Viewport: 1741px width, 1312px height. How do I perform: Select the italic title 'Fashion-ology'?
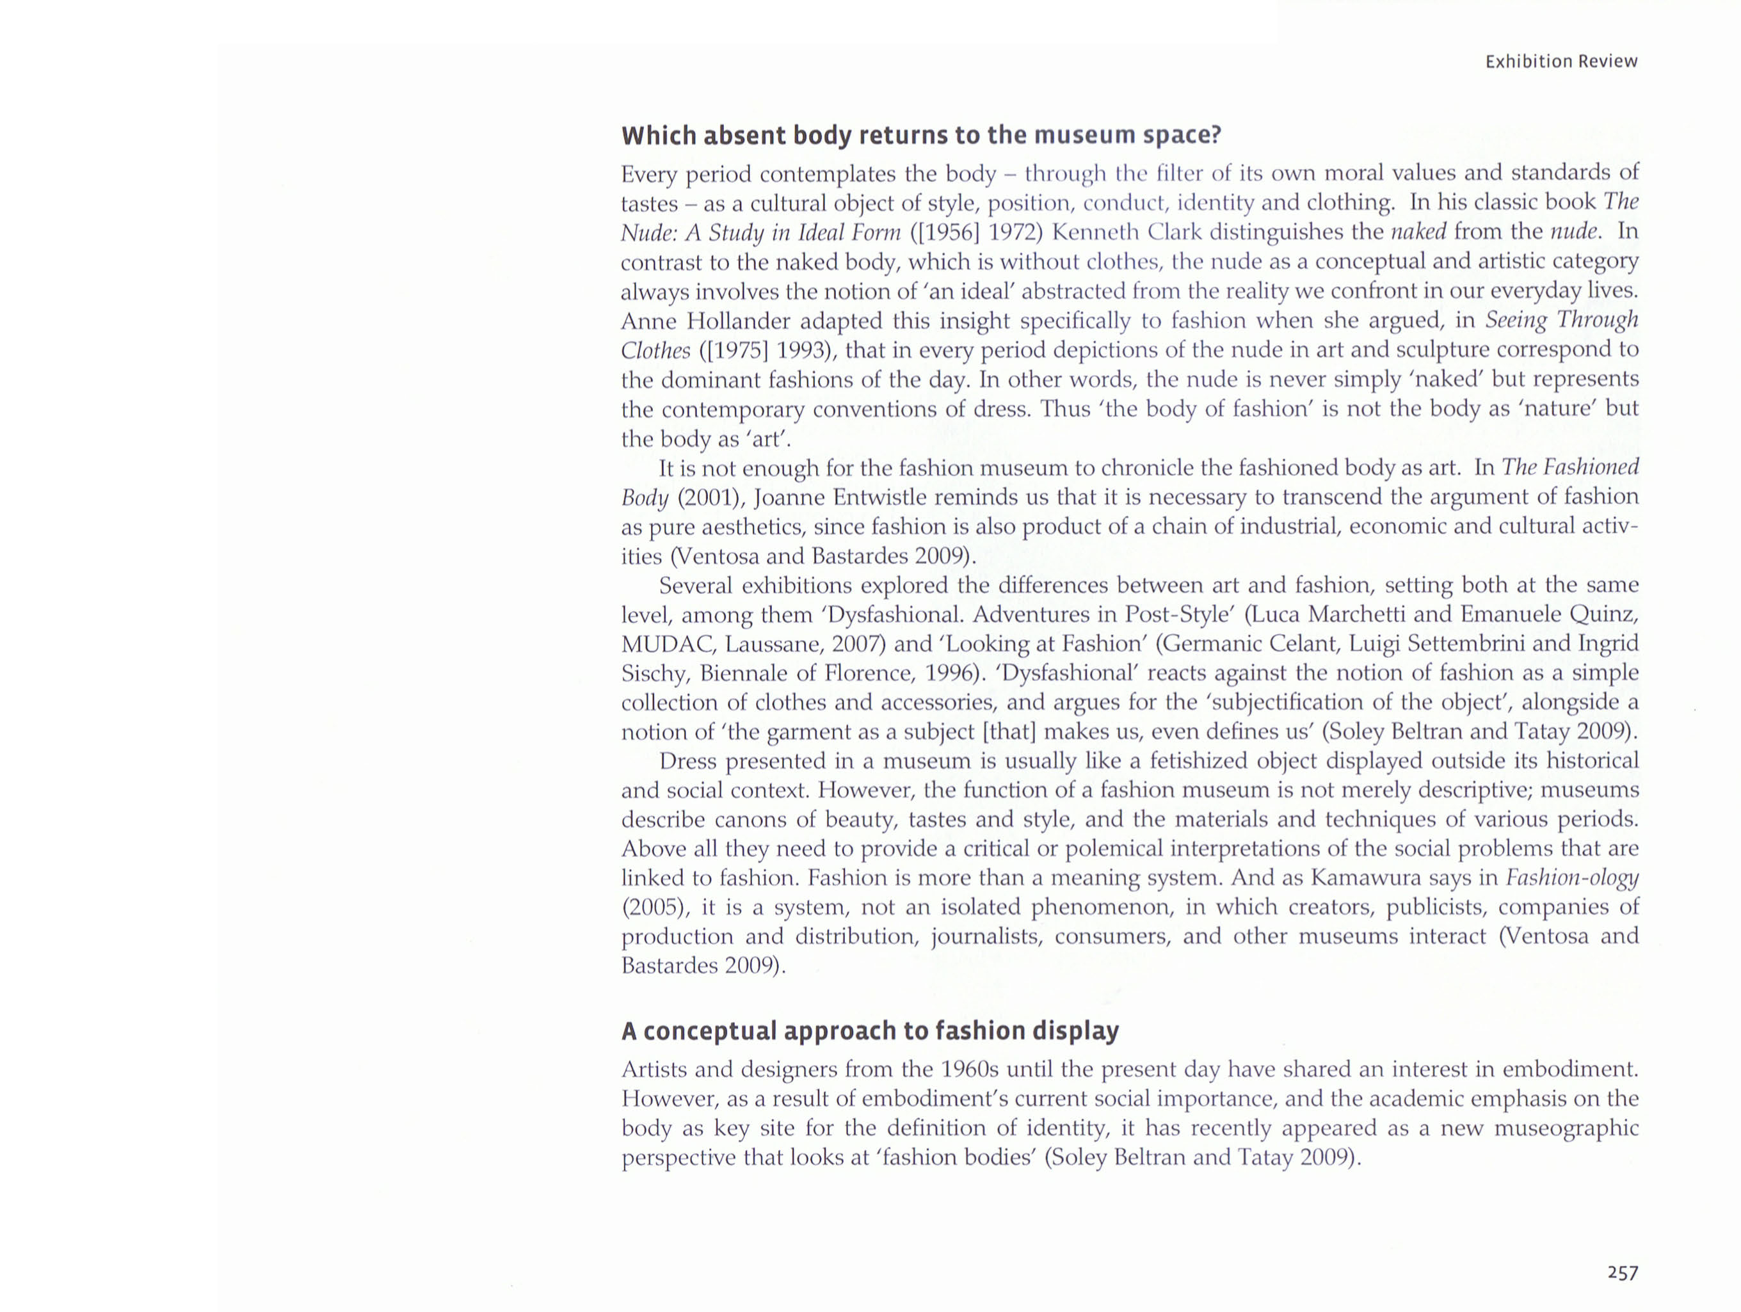(x=1572, y=877)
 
